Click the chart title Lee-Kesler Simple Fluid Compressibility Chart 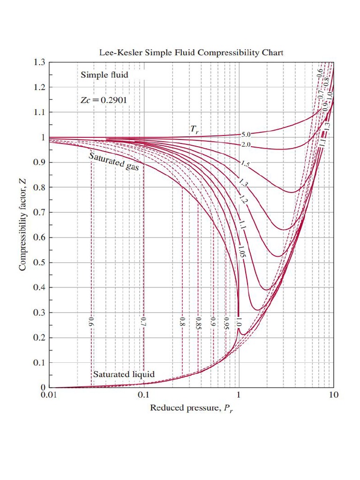point(191,52)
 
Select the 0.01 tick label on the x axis point(49,396)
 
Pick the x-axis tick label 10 point(333,396)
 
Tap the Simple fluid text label point(104,75)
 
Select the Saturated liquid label point(124,375)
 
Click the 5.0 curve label point(246,135)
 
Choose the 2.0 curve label point(246,144)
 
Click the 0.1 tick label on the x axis point(144,396)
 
